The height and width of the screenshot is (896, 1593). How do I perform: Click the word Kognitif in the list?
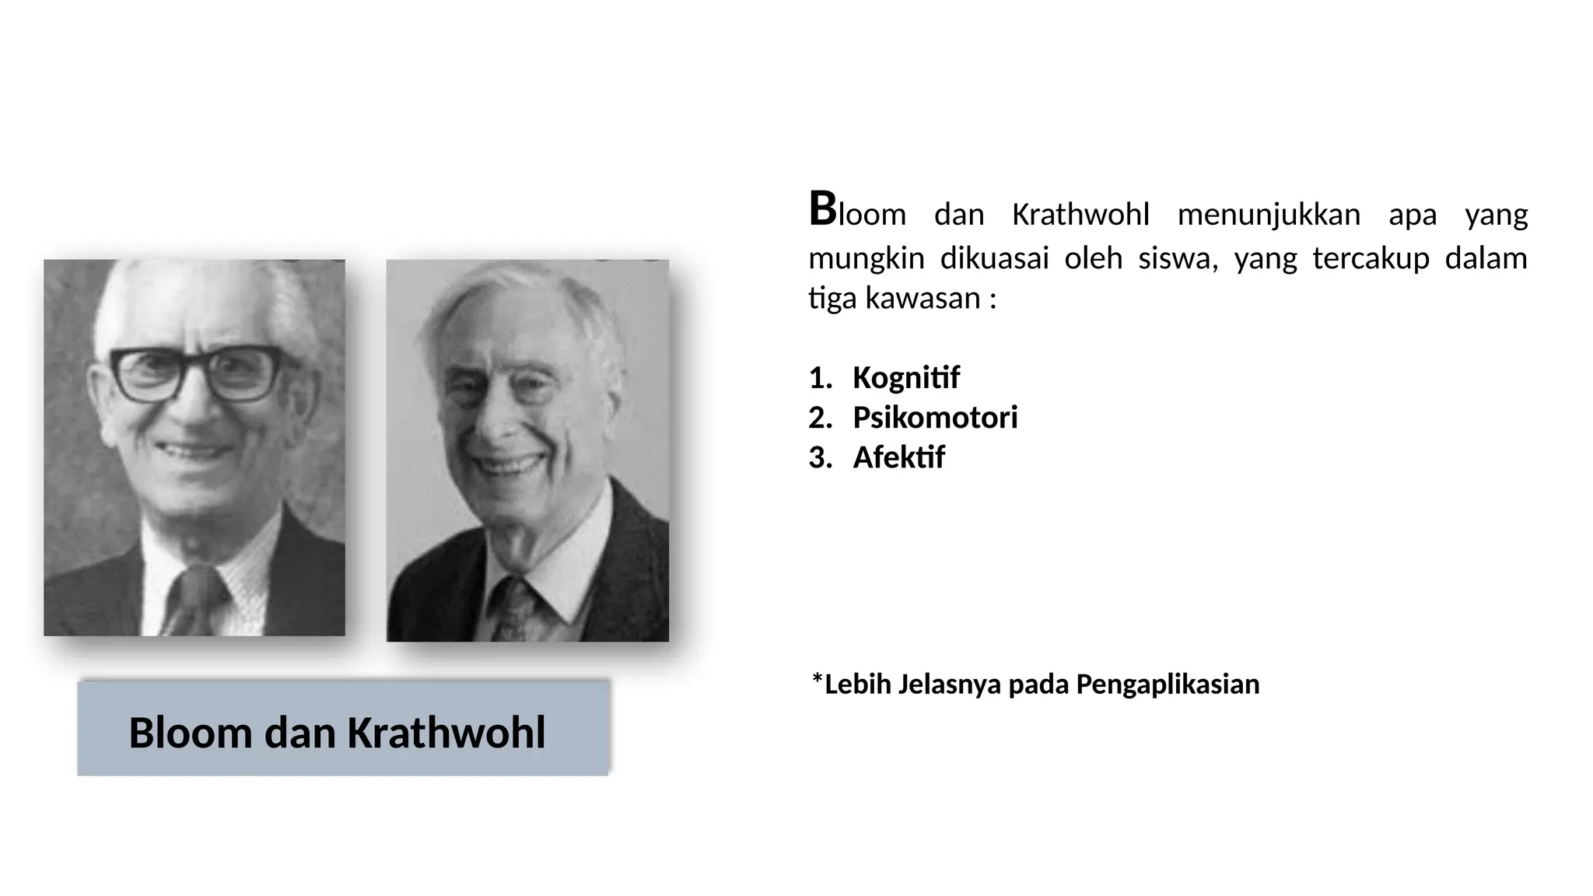click(x=906, y=378)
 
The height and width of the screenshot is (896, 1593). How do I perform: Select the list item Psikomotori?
click(x=935, y=418)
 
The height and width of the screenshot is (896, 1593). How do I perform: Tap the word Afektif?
click(x=898, y=457)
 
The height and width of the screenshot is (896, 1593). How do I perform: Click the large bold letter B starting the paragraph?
click(x=822, y=210)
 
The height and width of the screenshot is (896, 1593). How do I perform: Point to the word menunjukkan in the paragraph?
click(x=1269, y=215)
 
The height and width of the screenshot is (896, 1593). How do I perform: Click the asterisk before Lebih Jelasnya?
click(x=817, y=681)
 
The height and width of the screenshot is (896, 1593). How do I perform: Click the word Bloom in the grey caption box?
click(x=191, y=733)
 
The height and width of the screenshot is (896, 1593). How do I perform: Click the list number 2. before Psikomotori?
click(x=820, y=418)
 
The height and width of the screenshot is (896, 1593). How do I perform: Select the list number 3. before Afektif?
click(x=820, y=458)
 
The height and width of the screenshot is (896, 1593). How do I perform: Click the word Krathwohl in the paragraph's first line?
click(x=1080, y=215)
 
